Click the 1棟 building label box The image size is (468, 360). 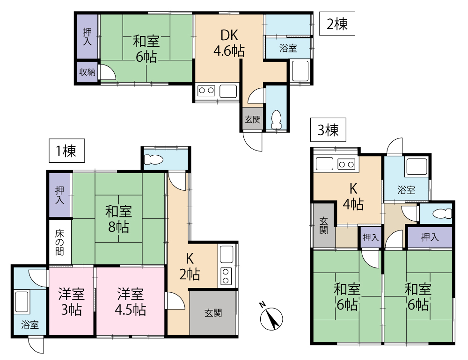click(66, 151)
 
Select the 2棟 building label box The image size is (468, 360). click(337, 23)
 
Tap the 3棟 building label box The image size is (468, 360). click(328, 130)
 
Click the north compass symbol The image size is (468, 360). click(271, 317)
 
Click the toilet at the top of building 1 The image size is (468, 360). click(154, 159)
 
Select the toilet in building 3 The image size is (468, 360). click(442, 214)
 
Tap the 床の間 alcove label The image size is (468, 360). click(60, 242)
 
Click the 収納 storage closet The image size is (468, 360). click(87, 72)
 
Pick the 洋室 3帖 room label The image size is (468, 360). click(71, 302)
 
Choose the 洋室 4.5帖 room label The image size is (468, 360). click(131, 302)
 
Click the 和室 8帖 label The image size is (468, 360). click(118, 219)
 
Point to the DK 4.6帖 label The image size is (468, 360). click(229, 43)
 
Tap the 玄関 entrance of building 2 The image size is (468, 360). click(253, 119)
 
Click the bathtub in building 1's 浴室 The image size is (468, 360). click(22, 302)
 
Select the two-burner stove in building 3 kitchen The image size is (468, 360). click(346, 164)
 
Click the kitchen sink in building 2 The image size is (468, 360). click(228, 91)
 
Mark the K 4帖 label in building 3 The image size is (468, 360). click(353, 197)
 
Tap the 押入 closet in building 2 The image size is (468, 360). click(87, 36)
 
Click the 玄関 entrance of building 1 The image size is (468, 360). click(213, 313)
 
